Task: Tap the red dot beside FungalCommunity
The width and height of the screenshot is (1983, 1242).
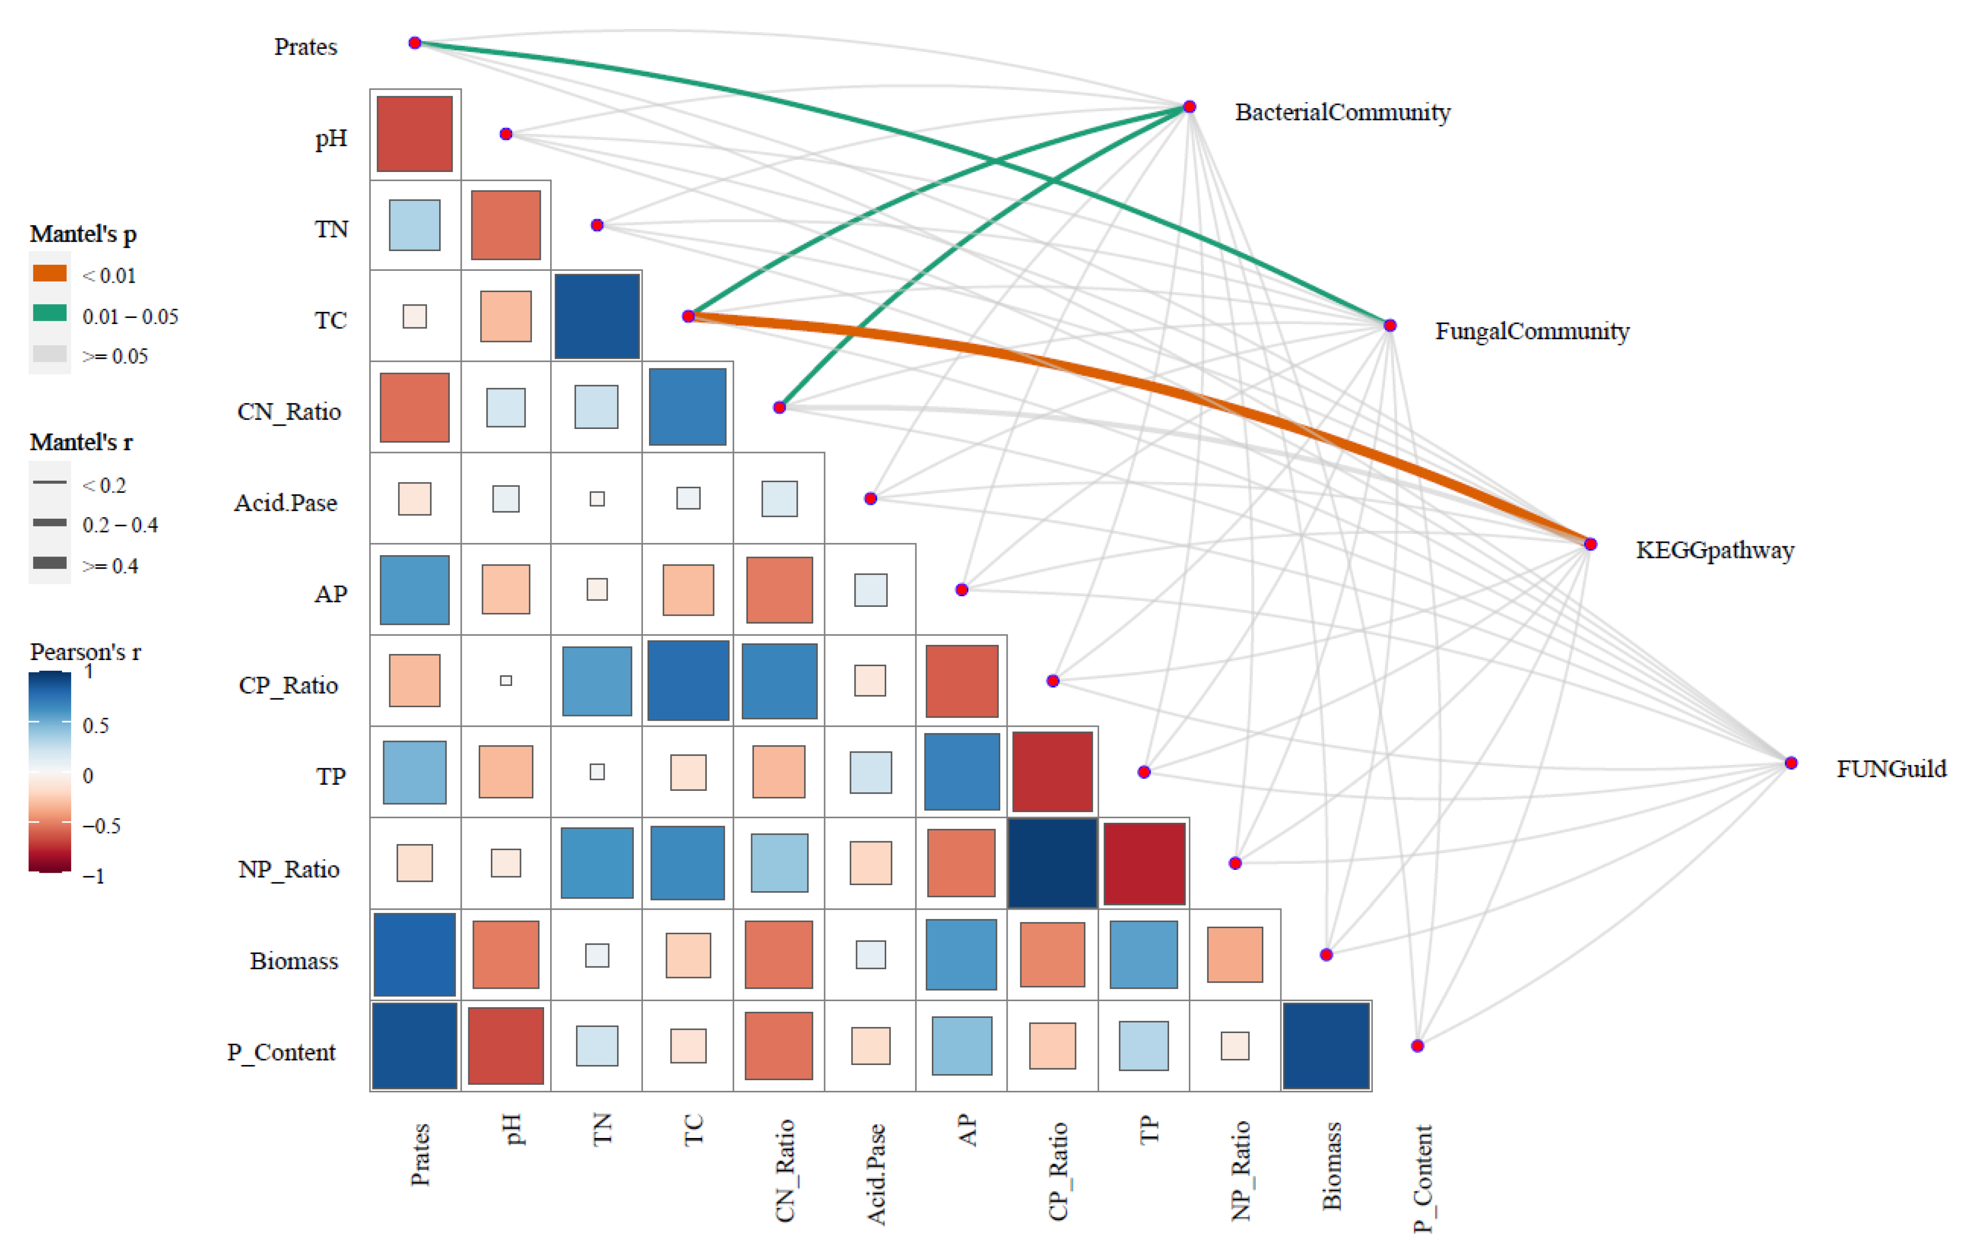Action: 1389,325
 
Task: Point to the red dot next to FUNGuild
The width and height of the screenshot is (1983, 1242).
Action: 1791,763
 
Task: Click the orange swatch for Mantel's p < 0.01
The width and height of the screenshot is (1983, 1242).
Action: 50,274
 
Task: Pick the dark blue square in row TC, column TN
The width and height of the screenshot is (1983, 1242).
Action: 597,316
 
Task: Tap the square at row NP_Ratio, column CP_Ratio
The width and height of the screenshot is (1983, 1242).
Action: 1053,863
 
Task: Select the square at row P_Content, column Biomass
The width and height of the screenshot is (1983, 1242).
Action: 1326,1046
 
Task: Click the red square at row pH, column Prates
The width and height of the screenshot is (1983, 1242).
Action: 415,134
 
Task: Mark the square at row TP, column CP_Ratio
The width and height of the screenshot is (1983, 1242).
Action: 1053,772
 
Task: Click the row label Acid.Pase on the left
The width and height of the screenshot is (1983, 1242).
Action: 285,503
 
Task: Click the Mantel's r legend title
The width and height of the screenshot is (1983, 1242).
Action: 81,442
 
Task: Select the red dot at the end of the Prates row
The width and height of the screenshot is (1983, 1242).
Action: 415,43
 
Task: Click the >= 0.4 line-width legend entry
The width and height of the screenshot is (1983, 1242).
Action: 109,565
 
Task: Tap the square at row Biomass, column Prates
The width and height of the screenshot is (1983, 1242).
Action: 415,954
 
